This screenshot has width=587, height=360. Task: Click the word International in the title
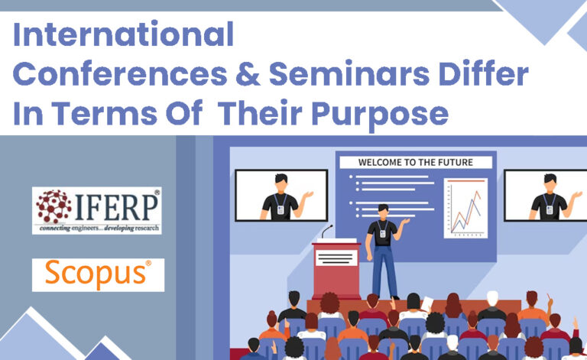point(123,35)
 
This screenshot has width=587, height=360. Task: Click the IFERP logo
point(96,210)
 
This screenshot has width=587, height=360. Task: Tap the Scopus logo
point(98,274)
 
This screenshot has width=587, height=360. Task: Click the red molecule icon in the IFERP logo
point(54,205)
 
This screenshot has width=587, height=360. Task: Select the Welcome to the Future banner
point(415,162)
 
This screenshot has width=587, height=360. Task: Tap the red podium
point(336,271)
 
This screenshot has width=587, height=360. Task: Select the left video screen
point(281,195)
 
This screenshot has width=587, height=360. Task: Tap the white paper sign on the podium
point(336,258)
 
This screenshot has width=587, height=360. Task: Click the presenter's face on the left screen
point(281,183)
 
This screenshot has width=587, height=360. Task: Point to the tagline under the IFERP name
point(96,228)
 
